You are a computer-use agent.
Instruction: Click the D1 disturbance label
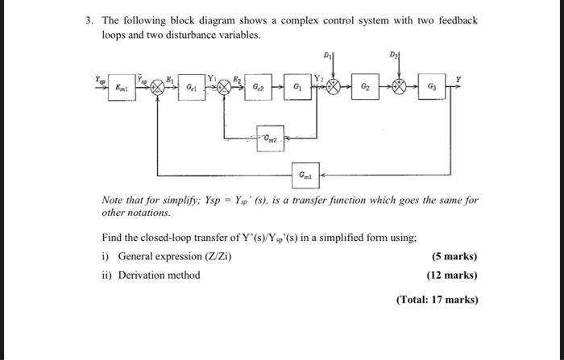click(x=327, y=56)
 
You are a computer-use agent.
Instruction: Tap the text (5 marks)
click(x=454, y=256)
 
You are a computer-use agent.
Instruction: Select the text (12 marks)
click(x=451, y=275)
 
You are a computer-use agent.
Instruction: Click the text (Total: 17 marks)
click(x=437, y=300)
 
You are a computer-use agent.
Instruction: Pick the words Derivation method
click(x=159, y=275)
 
